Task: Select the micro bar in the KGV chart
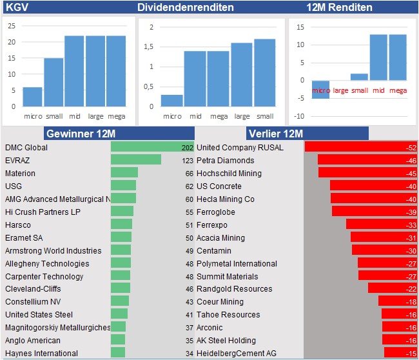33,97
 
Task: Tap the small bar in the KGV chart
54,83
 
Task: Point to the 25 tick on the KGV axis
12,26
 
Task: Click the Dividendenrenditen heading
186,8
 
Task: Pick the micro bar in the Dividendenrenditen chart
171,101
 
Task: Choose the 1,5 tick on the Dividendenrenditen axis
150,46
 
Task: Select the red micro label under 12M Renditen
320,90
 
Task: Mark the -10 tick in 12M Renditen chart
300,116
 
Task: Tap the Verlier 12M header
275,134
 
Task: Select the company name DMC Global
26,148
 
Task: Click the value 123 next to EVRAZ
188,161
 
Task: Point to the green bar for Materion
124,173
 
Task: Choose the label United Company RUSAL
240,148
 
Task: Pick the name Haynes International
41,354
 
